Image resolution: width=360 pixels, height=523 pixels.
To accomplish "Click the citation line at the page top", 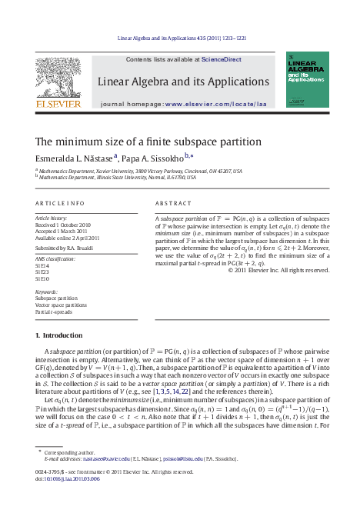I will click(180, 37).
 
